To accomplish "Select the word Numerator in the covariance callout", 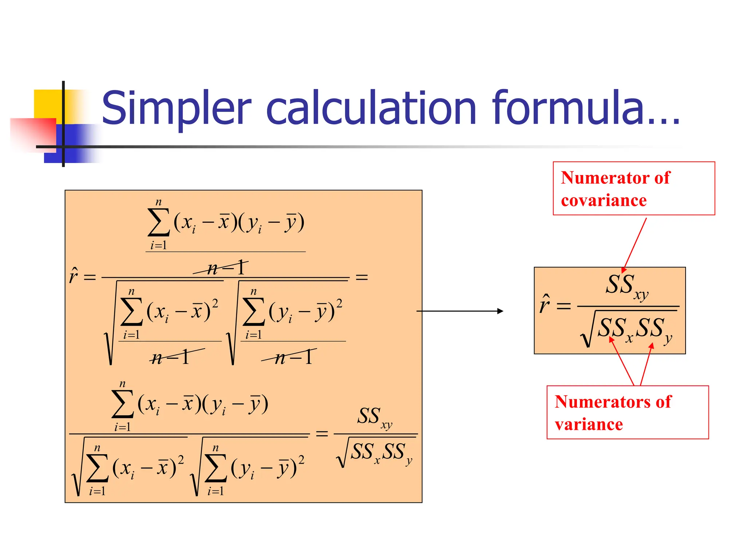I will [605, 178].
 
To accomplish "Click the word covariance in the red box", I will [604, 201].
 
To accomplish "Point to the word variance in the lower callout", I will [589, 424].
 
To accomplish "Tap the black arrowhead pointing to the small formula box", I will [500, 311].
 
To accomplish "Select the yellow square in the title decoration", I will [47, 104].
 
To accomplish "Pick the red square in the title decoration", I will [33, 133].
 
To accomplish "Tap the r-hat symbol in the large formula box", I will [74, 276].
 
